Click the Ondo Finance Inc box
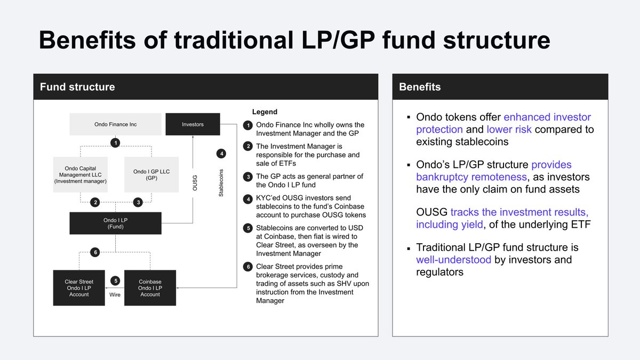tap(115, 124)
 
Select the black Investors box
tap(193, 124)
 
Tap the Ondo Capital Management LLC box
tap(81, 174)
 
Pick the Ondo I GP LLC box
tap(150, 174)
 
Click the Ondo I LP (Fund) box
tap(115, 223)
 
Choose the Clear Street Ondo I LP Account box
tap(79, 288)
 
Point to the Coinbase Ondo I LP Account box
tap(150, 288)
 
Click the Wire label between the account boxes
tap(115, 294)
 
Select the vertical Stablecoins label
tap(221, 183)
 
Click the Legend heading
tap(265, 112)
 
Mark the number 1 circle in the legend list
tap(247, 126)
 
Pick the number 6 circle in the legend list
tap(247, 267)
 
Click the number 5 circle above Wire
tap(115, 281)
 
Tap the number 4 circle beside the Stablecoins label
tap(221, 154)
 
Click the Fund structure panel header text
tap(77, 86)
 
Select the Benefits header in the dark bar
tap(420, 86)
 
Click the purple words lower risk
tap(509, 130)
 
